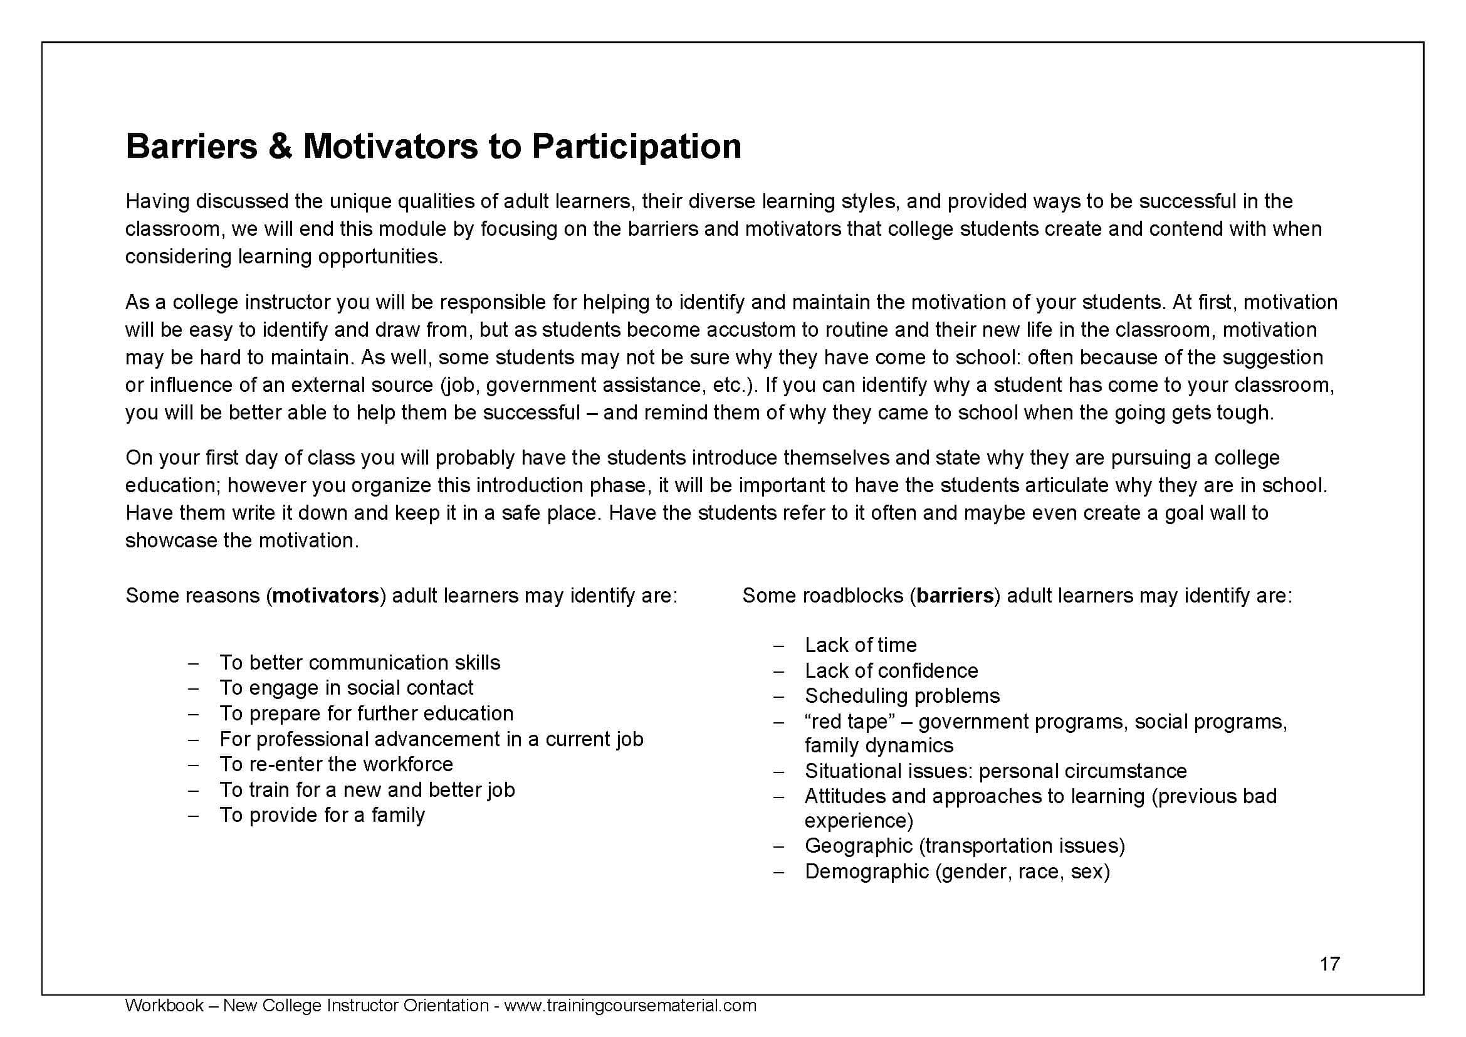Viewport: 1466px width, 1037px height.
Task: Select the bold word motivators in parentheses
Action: [x=326, y=596]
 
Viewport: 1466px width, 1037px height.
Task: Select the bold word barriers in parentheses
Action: [x=955, y=596]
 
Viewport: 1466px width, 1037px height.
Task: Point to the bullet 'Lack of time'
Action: [x=860, y=645]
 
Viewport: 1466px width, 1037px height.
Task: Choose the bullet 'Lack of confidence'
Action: [x=891, y=670]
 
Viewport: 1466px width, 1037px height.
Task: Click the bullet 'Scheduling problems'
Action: [x=901, y=695]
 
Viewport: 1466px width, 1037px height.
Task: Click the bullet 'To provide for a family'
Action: [x=322, y=815]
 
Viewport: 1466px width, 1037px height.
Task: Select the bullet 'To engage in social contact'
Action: [x=346, y=688]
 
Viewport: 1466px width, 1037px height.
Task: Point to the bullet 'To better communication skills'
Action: [x=360, y=662]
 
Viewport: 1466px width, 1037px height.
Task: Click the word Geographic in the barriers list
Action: [x=858, y=845]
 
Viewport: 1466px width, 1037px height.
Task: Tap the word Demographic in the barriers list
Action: [x=866, y=871]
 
